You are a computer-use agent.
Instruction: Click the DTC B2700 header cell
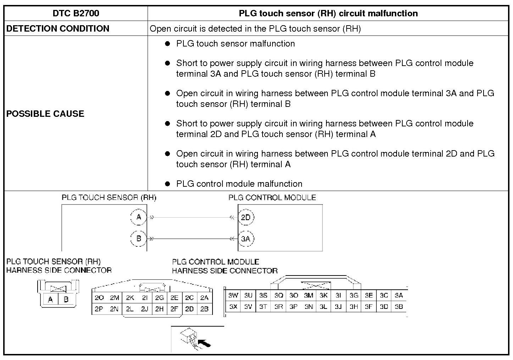tap(76, 13)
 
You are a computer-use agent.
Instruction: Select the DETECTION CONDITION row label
tap(58, 28)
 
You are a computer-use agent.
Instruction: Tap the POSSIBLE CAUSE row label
tap(45, 114)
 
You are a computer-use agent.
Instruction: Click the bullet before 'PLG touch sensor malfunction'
tap(167, 44)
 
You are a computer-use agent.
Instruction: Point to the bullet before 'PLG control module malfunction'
tap(167, 184)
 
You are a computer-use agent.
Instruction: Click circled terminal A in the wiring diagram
tap(139, 217)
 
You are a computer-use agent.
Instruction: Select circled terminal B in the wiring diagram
tap(139, 238)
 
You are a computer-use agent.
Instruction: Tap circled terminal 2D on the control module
tap(246, 217)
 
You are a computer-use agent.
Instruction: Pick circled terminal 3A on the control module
tap(246, 239)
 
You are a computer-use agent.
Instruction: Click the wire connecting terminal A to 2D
tap(192, 217)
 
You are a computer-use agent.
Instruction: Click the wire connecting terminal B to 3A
tap(192, 239)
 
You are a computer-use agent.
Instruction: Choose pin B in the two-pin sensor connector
tap(66, 299)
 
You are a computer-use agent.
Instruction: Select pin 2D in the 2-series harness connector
tap(189, 309)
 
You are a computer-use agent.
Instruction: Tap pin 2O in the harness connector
tap(99, 298)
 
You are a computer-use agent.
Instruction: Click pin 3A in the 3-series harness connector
tap(399, 295)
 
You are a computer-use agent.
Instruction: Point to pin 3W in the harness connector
tap(233, 295)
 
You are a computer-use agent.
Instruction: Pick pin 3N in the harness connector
tap(309, 306)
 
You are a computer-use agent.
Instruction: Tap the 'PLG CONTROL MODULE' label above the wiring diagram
tap(272, 197)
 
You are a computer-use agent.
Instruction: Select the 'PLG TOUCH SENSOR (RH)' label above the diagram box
tap(109, 197)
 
